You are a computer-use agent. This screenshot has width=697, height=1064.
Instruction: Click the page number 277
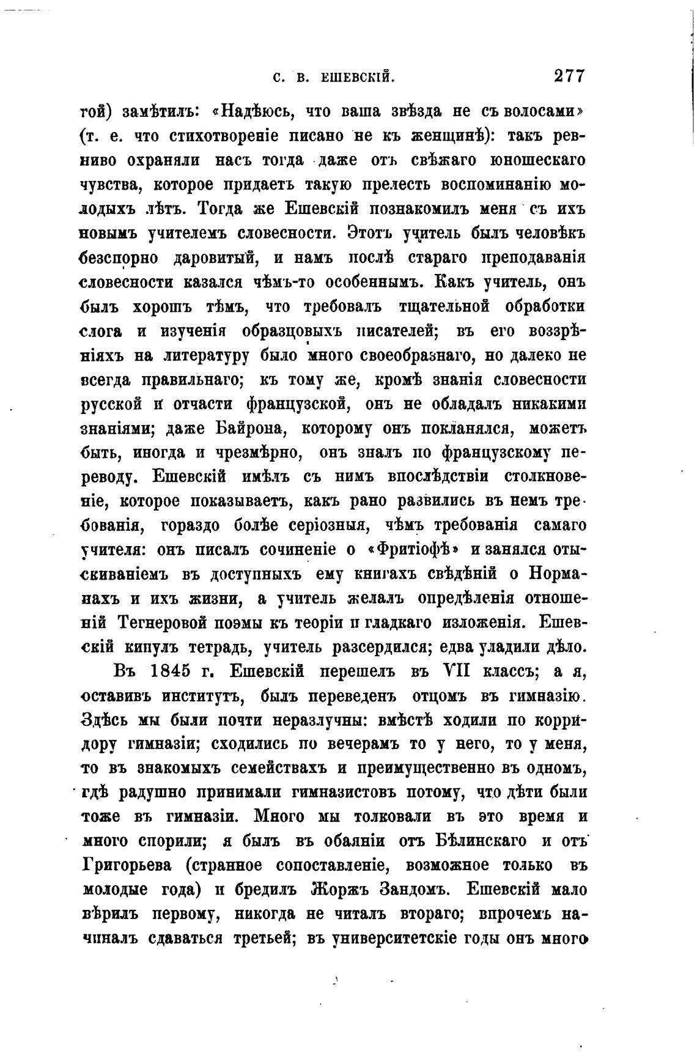(x=569, y=76)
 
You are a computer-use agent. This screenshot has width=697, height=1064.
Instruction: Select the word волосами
(x=538, y=112)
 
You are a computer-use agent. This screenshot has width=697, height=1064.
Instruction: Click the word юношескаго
(x=538, y=161)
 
